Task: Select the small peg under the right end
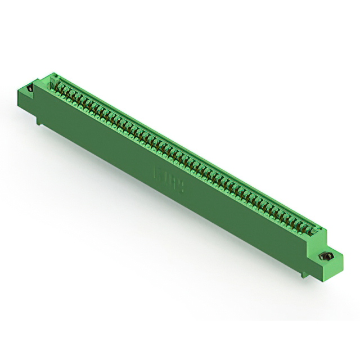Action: pyautogui.click(x=304, y=274)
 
